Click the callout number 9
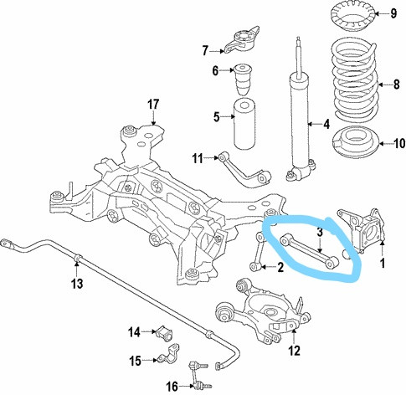pyautogui.click(x=393, y=13)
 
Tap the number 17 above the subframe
pyautogui.click(x=153, y=105)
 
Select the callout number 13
pyautogui.click(x=77, y=284)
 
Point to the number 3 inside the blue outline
pyautogui.click(x=320, y=232)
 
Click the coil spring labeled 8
pyautogui.click(x=355, y=81)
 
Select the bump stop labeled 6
pyautogui.click(x=243, y=80)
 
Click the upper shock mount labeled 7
pyautogui.click(x=241, y=39)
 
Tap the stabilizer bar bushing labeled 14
pyautogui.click(x=164, y=333)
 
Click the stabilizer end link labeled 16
pyautogui.click(x=198, y=375)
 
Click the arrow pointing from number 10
pyautogui.click(x=386, y=144)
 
